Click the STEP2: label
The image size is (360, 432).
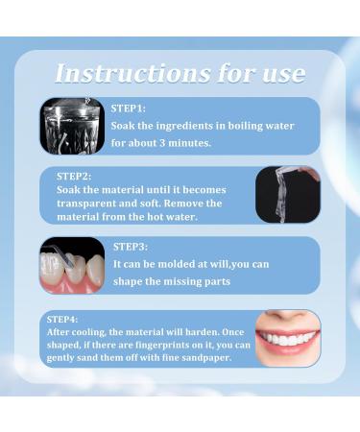74,176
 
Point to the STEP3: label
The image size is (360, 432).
131,247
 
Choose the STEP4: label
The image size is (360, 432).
64,319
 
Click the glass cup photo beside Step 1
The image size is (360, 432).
72,126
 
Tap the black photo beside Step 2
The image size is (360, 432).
287,195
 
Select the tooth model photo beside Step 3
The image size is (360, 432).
72,266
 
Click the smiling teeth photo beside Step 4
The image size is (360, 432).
287,338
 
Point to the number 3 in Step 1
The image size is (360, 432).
183,143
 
